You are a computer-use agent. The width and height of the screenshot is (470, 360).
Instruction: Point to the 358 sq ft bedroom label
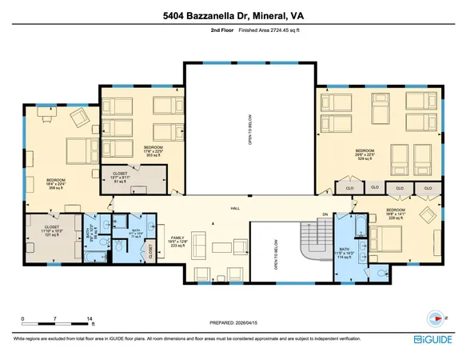[x=55, y=182]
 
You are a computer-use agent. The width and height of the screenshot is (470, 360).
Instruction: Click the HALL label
[x=235, y=208]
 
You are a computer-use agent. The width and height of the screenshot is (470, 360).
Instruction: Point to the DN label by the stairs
[x=325, y=214]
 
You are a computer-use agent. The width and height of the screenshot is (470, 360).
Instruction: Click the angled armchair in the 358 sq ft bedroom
[x=81, y=118]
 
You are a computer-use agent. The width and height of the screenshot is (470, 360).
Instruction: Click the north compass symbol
[x=435, y=315]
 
